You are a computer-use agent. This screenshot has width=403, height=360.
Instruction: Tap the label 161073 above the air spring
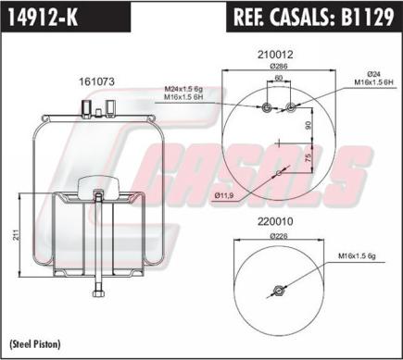point(96,82)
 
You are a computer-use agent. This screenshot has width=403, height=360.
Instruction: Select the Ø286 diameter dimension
point(278,67)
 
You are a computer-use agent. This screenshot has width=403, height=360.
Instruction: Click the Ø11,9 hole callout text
point(223,195)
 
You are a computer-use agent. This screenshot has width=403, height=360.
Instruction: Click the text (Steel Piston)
point(35,343)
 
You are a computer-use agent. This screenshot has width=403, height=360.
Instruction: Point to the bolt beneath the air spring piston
point(96,296)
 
